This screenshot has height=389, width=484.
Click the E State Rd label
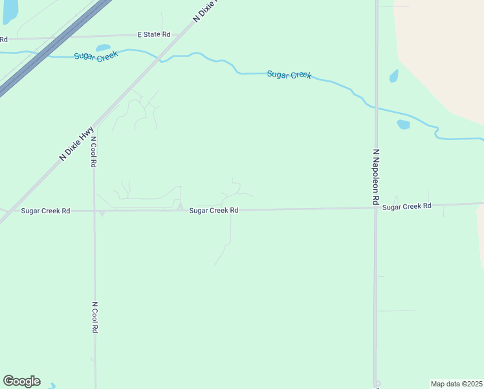coord(153,34)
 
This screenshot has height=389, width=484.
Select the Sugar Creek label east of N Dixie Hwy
coord(289,75)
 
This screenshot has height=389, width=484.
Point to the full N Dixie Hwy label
coord(77,143)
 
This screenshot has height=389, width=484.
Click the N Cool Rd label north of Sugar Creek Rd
coord(94,152)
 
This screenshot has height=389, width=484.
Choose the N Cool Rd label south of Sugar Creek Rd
coord(94,317)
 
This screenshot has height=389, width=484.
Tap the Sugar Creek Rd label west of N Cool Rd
coord(45,211)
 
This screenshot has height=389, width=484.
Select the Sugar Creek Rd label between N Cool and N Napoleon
coord(214,211)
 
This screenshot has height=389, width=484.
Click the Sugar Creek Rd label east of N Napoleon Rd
coord(406,206)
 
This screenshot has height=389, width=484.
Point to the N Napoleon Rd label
coord(375,177)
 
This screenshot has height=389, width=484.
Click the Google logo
coord(21,381)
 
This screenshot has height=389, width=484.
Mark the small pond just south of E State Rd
coord(103,47)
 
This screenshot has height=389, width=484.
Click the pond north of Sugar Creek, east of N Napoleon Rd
coord(393,76)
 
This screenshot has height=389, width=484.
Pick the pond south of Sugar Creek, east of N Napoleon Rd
coord(403,124)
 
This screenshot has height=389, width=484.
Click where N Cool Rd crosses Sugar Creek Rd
coord(94,211)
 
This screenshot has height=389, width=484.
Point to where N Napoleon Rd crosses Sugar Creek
coord(375,107)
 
